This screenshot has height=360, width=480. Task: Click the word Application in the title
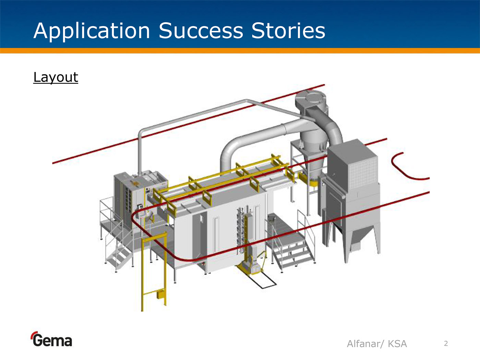[92, 31]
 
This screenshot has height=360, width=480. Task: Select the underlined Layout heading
[56, 77]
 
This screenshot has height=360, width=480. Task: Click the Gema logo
[51, 339]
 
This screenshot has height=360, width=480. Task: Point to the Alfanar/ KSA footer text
[377, 344]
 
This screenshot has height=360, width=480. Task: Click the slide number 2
[446, 344]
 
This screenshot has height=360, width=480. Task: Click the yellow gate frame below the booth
[154, 272]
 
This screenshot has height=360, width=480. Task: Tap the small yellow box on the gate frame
[161, 293]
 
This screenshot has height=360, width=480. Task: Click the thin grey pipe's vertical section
[140, 153]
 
